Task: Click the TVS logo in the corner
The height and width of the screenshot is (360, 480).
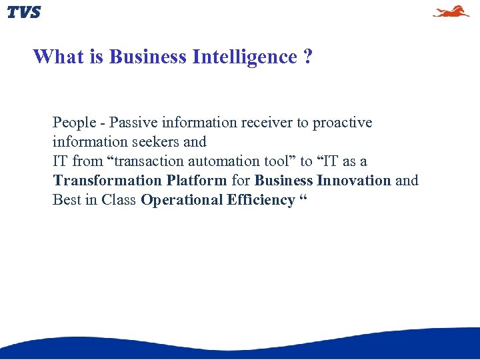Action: [24, 12]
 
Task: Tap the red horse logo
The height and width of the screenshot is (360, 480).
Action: [451, 11]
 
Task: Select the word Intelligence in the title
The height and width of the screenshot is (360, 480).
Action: [245, 57]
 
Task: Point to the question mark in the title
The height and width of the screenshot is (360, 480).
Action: [307, 57]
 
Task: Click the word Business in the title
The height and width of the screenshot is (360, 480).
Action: [147, 57]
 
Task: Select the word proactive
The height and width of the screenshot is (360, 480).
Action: [342, 123]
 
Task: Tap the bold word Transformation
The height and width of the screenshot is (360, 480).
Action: [107, 181]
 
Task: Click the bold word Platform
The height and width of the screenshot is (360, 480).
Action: [197, 181]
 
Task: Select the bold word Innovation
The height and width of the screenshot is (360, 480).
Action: [354, 181]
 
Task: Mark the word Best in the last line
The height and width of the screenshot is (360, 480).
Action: [66, 200]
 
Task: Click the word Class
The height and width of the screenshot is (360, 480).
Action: [119, 200]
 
